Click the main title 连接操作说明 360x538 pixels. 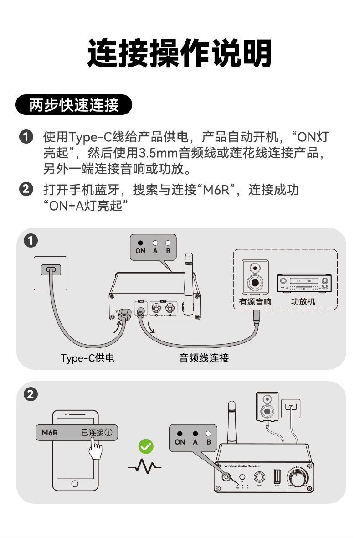180,54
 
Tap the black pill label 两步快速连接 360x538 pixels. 74,105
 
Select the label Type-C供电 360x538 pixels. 87,358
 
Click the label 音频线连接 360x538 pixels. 204,358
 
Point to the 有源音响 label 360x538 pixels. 255,302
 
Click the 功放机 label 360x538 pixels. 303,302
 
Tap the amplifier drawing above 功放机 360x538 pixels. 304,284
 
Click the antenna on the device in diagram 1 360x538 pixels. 188,278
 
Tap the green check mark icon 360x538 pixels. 146,446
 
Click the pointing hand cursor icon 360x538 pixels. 95,449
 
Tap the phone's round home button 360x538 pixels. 75,484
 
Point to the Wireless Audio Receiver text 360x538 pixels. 242,466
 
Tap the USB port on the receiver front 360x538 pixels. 276,477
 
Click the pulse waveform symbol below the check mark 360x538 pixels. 145,466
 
